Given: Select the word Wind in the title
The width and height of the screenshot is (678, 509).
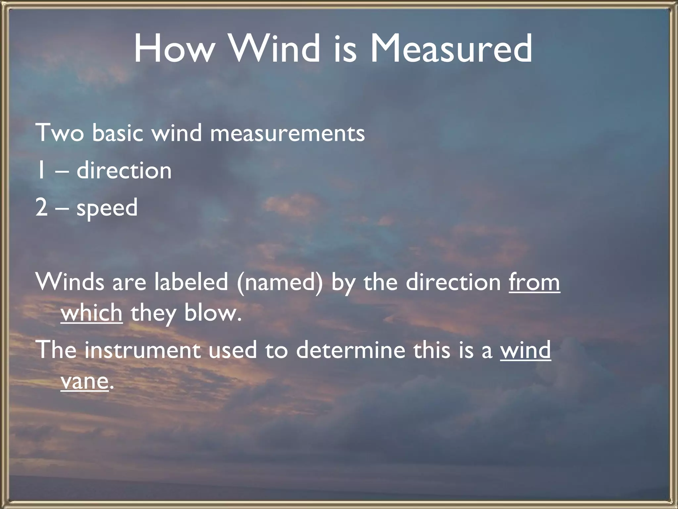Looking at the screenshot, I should click(275, 49).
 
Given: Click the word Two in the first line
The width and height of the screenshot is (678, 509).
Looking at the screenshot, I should click(60, 133).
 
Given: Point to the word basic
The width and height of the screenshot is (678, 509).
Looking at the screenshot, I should click(118, 133).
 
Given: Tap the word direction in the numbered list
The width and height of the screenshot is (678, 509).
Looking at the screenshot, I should click(124, 170).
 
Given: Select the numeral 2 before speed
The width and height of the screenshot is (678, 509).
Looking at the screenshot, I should click(41, 207).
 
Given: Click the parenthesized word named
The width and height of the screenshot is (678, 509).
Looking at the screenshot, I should click(279, 283).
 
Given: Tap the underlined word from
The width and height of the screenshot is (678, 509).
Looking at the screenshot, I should click(534, 282).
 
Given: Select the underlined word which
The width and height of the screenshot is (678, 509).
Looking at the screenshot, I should click(92, 312).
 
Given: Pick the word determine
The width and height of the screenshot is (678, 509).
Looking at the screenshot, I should click(350, 350).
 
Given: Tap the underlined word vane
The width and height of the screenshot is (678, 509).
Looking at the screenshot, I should click(85, 381).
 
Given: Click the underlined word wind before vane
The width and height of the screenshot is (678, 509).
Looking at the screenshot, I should click(525, 350).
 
